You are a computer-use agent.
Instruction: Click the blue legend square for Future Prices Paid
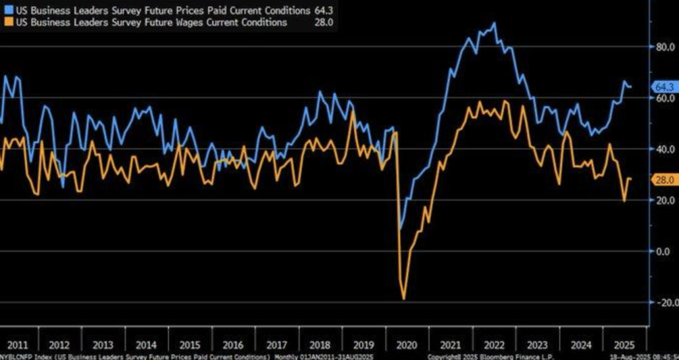[5, 11]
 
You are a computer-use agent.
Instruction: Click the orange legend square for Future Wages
[5, 23]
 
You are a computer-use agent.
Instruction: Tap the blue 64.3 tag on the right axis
[664, 87]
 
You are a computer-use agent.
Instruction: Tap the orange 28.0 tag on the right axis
[664, 180]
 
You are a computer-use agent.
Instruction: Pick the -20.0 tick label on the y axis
[664, 302]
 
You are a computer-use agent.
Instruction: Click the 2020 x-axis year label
[405, 345]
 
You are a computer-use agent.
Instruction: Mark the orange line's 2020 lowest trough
[404, 299]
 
